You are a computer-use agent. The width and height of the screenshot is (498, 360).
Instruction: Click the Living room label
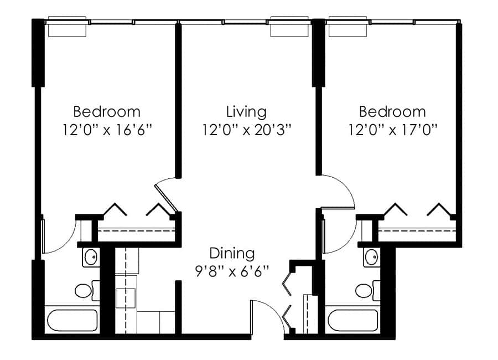[246, 112]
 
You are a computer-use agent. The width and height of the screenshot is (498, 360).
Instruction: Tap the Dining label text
[232, 254]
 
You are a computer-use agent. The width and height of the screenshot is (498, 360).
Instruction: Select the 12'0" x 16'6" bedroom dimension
[107, 130]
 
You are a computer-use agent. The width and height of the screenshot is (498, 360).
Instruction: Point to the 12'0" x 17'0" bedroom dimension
[393, 130]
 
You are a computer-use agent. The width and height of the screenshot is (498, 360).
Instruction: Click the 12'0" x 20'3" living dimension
[247, 130]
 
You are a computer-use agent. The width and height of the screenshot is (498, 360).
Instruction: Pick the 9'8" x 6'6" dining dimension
[232, 271]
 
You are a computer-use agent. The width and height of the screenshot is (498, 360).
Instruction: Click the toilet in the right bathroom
[368, 290]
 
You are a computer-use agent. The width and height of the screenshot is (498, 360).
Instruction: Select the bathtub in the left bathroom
[72, 320]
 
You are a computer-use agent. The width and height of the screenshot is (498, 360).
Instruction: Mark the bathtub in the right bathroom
[353, 320]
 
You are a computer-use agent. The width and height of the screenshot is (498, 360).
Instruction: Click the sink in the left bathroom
[91, 258]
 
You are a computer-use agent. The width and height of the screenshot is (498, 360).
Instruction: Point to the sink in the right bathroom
[372, 258]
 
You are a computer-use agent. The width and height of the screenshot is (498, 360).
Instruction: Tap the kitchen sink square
[125, 298]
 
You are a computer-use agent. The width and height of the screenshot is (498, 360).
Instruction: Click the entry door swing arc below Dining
[274, 310]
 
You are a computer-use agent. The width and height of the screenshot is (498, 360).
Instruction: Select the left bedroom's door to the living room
[166, 197]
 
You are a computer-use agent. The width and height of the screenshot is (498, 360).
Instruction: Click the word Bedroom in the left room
[107, 112]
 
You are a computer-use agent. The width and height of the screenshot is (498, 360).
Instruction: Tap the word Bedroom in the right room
[392, 112]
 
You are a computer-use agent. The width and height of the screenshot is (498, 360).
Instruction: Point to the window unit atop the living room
[289, 27]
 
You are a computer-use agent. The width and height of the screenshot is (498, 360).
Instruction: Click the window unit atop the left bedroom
[67, 27]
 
